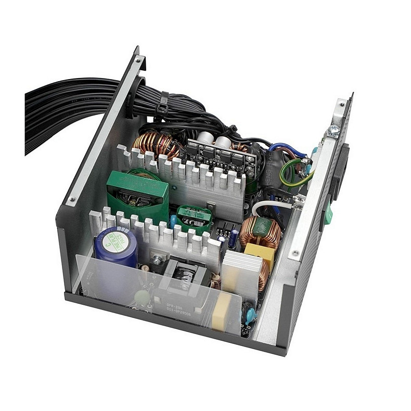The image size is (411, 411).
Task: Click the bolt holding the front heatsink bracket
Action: tap(156, 258)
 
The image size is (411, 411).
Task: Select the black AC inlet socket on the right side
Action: tap(341, 172)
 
